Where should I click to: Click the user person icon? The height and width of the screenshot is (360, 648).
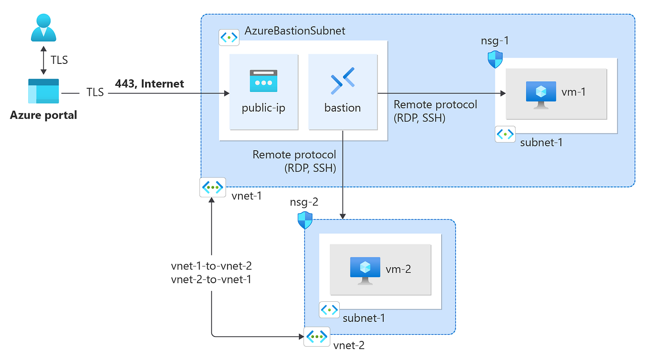coord(43,28)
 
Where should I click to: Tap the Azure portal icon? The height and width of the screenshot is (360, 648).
coord(43,92)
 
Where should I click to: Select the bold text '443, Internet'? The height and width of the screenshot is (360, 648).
coord(149,84)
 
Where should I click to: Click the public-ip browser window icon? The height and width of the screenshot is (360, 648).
coord(263,82)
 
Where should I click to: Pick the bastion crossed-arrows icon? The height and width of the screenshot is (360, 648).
coord(343,82)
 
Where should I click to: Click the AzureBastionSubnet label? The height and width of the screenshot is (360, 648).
coord(295,31)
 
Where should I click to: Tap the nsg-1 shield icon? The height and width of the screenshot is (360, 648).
coord(495,60)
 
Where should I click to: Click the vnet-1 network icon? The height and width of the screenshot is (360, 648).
coord(212,188)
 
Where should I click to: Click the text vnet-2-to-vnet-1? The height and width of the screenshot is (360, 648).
coord(211,279)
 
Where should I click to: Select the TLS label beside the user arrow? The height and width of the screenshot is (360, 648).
coord(59,61)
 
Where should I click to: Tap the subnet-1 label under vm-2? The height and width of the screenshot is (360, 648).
coord(364,318)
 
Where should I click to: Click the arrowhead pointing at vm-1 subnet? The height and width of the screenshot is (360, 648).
coord(502,94)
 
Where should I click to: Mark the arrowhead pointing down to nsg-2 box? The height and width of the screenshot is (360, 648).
coord(343,216)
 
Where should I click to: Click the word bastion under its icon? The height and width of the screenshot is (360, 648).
coord(343,108)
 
